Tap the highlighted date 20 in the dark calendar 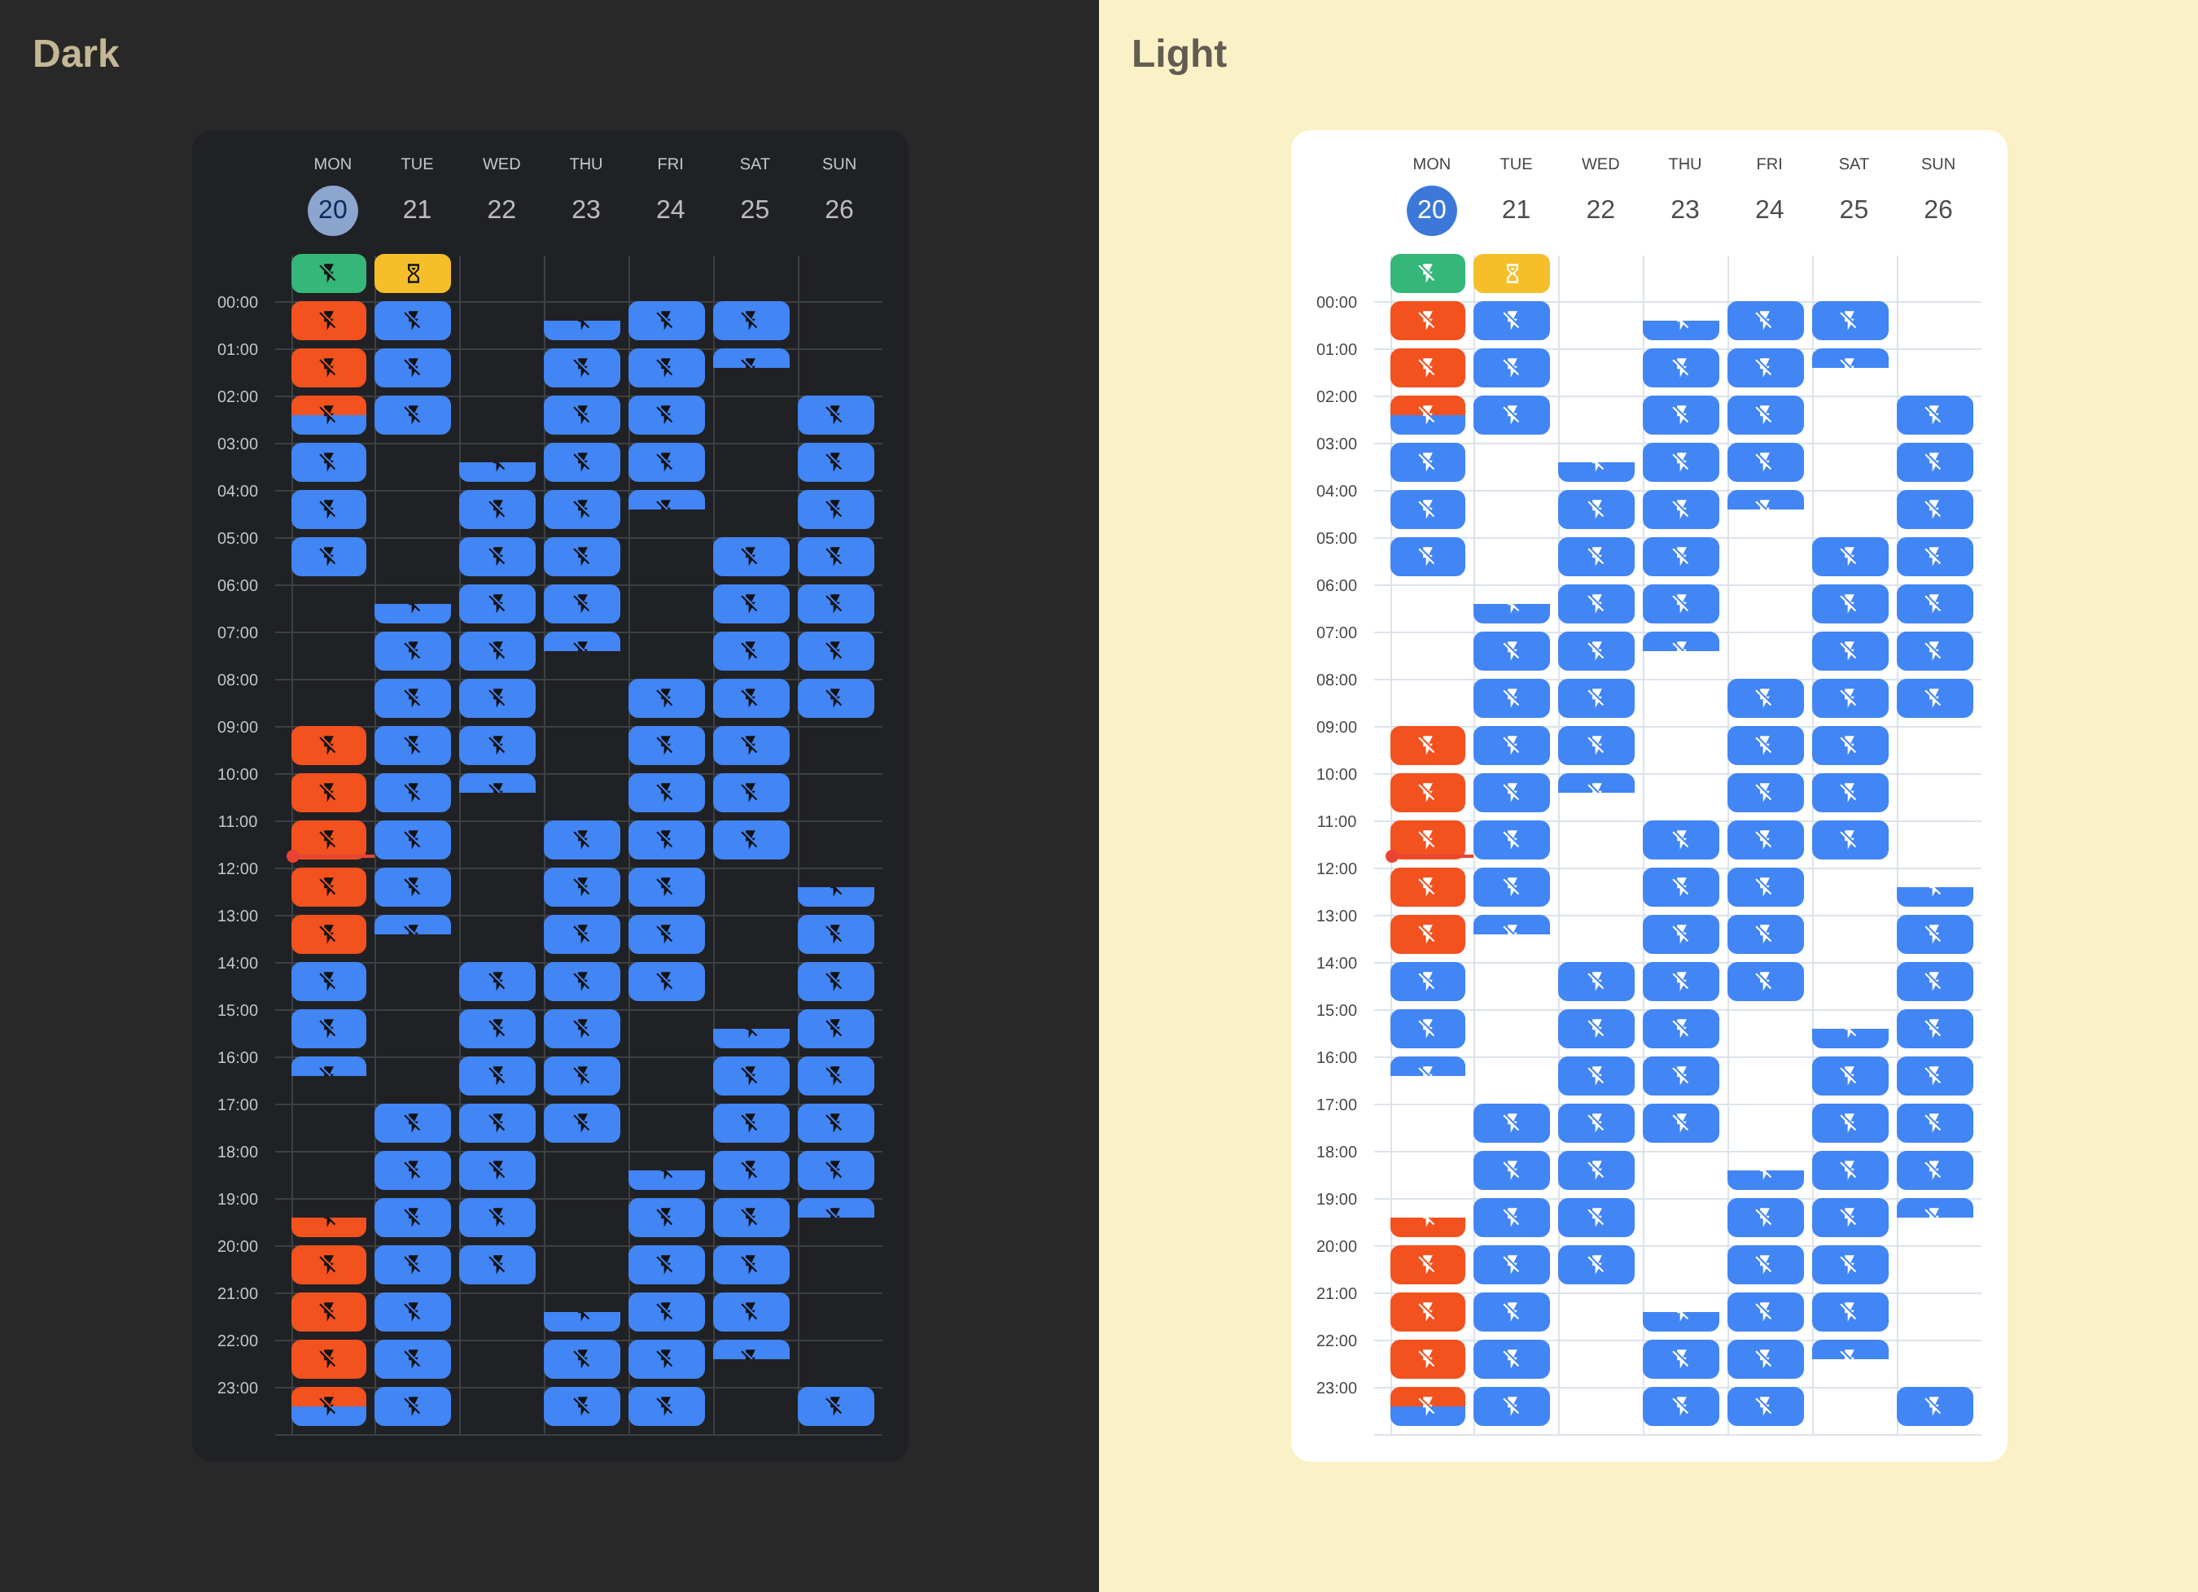coord(332,210)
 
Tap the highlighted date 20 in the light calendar coord(1431,210)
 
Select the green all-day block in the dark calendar coord(329,273)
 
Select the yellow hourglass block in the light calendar coord(1511,273)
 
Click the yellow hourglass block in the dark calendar coord(413,273)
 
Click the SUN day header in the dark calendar coord(838,164)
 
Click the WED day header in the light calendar coord(1600,164)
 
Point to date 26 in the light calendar coord(1937,209)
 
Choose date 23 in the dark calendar coord(585,209)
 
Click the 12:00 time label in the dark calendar coord(238,868)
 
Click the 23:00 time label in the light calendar coord(1337,1388)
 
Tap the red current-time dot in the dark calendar coord(293,855)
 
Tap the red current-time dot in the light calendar coord(1392,855)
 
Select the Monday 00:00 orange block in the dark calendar coord(329,321)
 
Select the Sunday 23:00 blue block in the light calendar coord(1934,1406)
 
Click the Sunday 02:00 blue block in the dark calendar coord(835,415)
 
